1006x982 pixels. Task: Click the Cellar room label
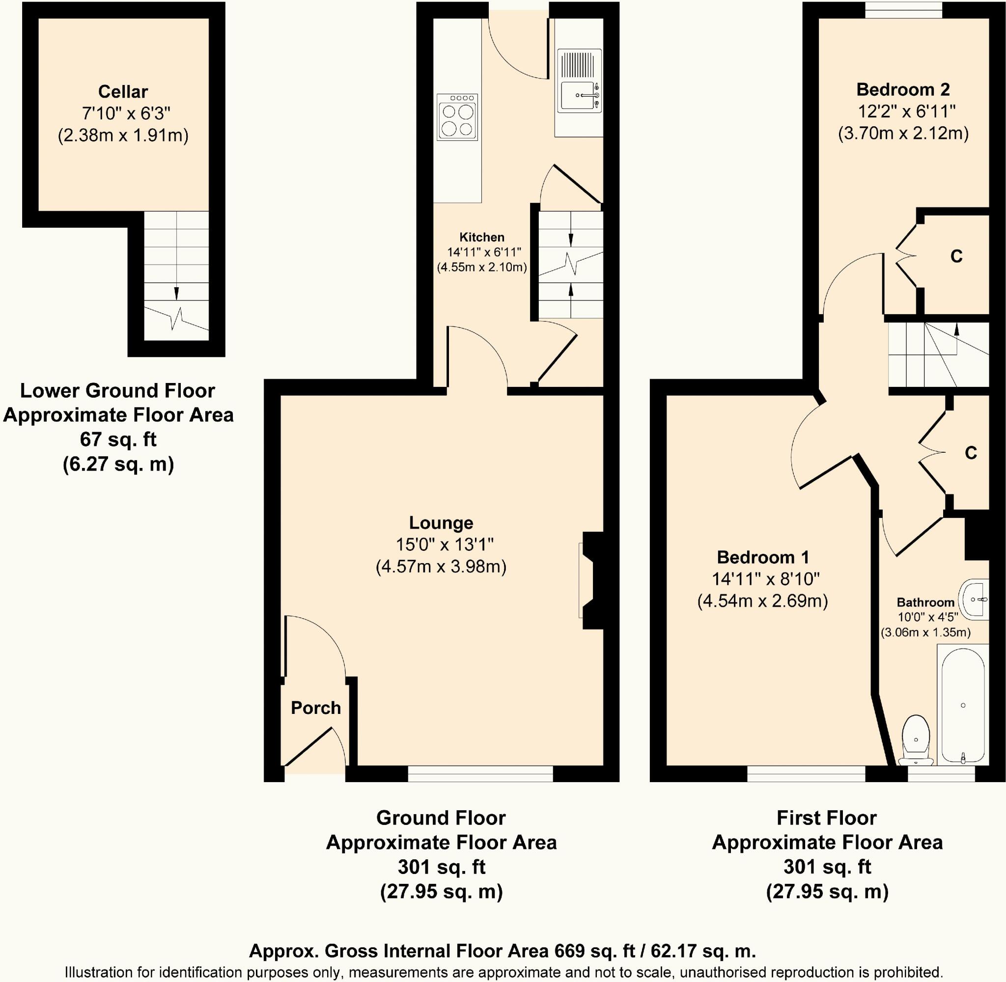click(123, 92)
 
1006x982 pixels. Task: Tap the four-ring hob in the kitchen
click(457, 117)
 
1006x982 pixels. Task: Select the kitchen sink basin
click(578, 95)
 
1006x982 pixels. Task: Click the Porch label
click(316, 708)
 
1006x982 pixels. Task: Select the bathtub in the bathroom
click(963, 706)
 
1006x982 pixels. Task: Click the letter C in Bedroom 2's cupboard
click(956, 256)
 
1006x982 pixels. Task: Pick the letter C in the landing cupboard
click(971, 453)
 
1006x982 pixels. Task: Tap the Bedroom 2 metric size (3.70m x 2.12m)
click(903, 134)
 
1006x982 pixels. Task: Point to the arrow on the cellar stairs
click(176, 293)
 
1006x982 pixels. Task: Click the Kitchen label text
click(481, 237)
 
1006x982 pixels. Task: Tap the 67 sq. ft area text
click(118, 439)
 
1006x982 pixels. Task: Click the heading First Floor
click(827, 818)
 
